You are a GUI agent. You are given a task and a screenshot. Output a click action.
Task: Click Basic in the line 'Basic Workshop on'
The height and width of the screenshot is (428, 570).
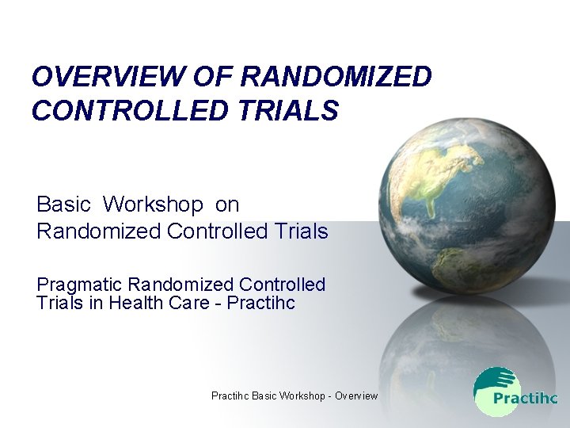click(x=63, y=204)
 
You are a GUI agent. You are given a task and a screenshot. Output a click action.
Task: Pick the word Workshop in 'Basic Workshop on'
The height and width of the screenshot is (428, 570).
click(x=153, y=204)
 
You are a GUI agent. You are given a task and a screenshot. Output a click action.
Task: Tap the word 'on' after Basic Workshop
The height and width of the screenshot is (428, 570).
click(x=226, y=204)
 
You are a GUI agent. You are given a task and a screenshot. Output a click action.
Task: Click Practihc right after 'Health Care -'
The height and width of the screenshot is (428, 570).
click(x=260, y=302)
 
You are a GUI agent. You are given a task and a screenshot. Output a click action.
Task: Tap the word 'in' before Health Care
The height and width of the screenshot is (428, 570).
click(x=95, y=302)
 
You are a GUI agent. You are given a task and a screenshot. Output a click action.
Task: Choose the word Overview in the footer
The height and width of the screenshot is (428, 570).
click(x=356, y=396)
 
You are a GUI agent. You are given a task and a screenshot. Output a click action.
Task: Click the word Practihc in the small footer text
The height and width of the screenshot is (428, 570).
click(x=230, y=396)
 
